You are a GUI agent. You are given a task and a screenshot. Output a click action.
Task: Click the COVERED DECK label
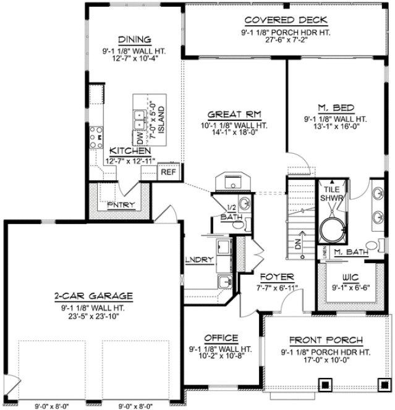[x=276, y=20]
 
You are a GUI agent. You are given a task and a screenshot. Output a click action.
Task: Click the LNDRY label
[x=199, y=259]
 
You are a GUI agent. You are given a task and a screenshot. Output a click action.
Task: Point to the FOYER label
[x=276, y=277]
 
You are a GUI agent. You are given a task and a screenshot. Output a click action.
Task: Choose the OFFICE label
[x=221, y=338]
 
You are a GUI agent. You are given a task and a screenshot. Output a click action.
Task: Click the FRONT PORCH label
[x=326, y=341]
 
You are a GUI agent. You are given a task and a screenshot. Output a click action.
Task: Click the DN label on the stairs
[x=298, y=245]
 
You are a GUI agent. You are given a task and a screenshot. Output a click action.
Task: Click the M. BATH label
[x=350, y=252]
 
